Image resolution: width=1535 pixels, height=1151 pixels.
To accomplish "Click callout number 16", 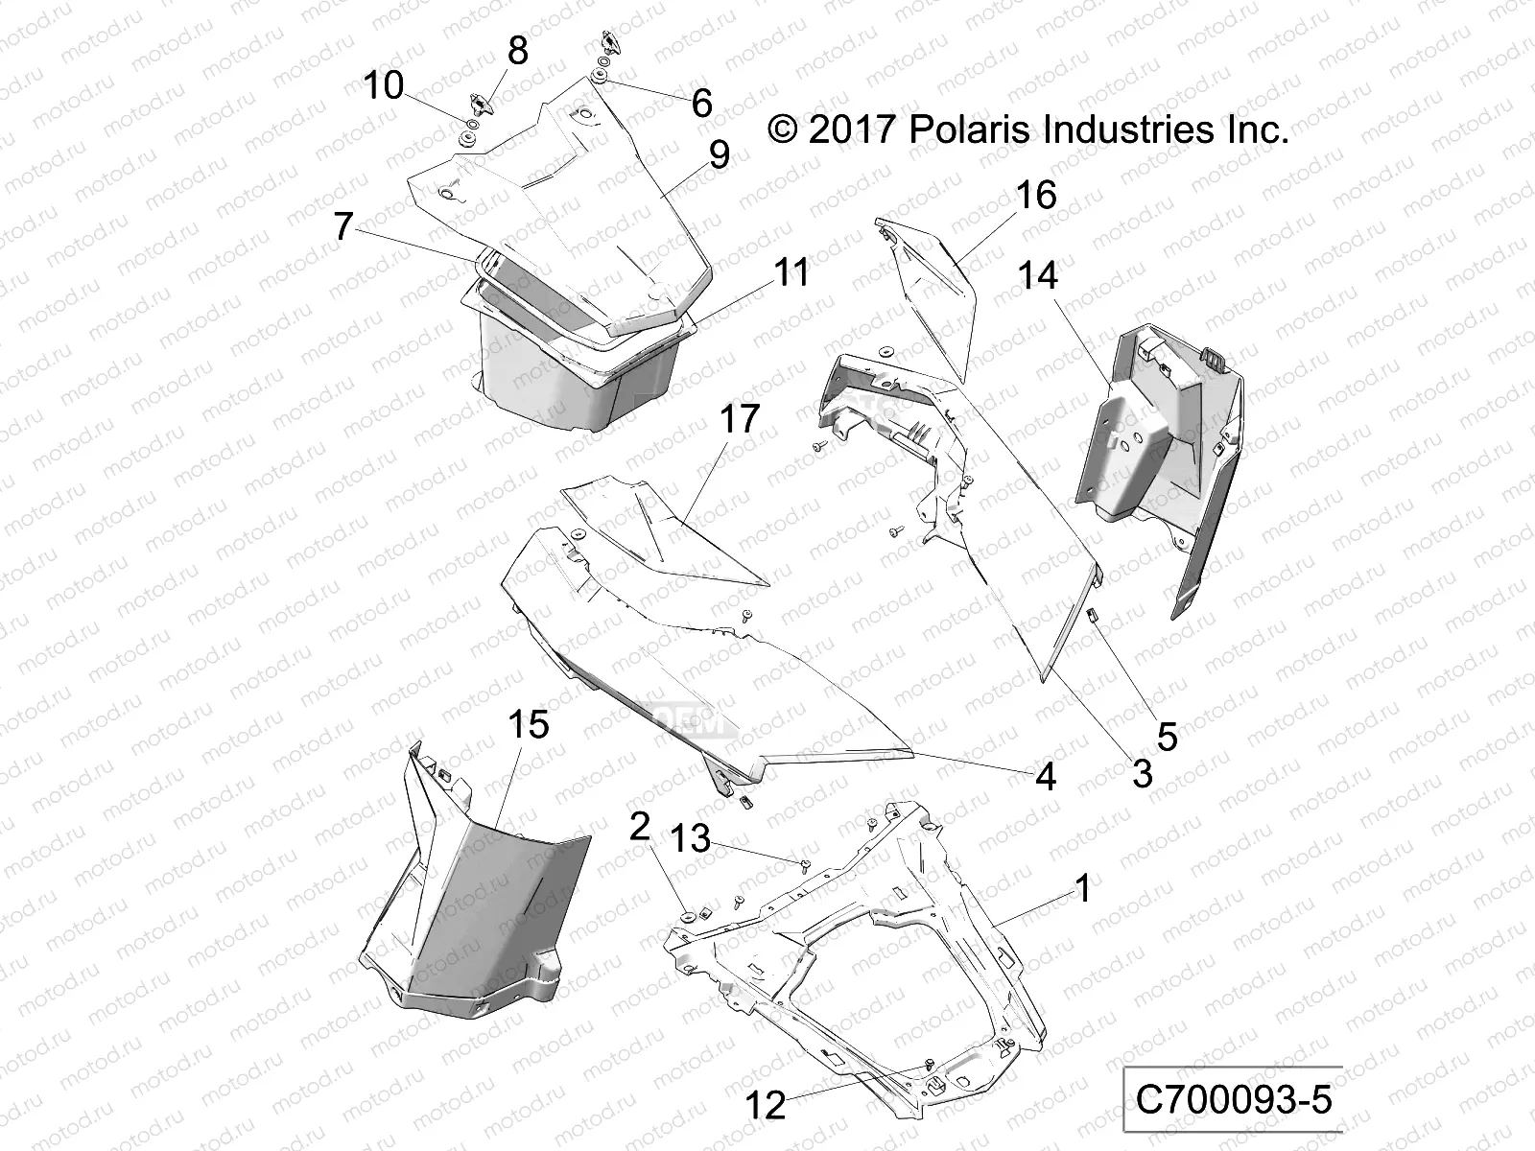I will click(1036, 196).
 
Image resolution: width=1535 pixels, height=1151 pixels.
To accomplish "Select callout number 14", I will click(1038, 276).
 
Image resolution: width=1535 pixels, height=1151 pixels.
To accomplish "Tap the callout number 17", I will click(739, 419).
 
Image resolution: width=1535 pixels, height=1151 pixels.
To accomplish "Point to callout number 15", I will click(528, 724).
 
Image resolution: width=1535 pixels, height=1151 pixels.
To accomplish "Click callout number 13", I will click(690, 839).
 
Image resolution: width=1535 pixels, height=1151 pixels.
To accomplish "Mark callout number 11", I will click(792, 273).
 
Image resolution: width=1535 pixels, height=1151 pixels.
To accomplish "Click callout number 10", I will click(384, 86).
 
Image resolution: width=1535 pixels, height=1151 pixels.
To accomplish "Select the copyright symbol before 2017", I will click(784, 129).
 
